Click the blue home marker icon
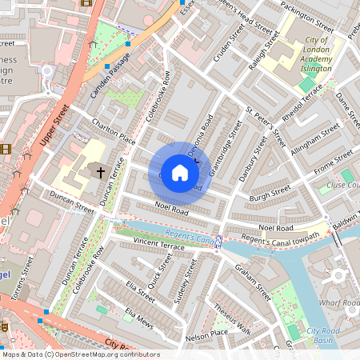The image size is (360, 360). (x=180, y=172)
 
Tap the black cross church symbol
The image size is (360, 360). (x=101, y=171)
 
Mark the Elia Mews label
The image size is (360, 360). (x=138, y=317)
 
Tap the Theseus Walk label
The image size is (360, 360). (x=232, y=320)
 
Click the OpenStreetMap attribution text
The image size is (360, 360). (x=80, y=354)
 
